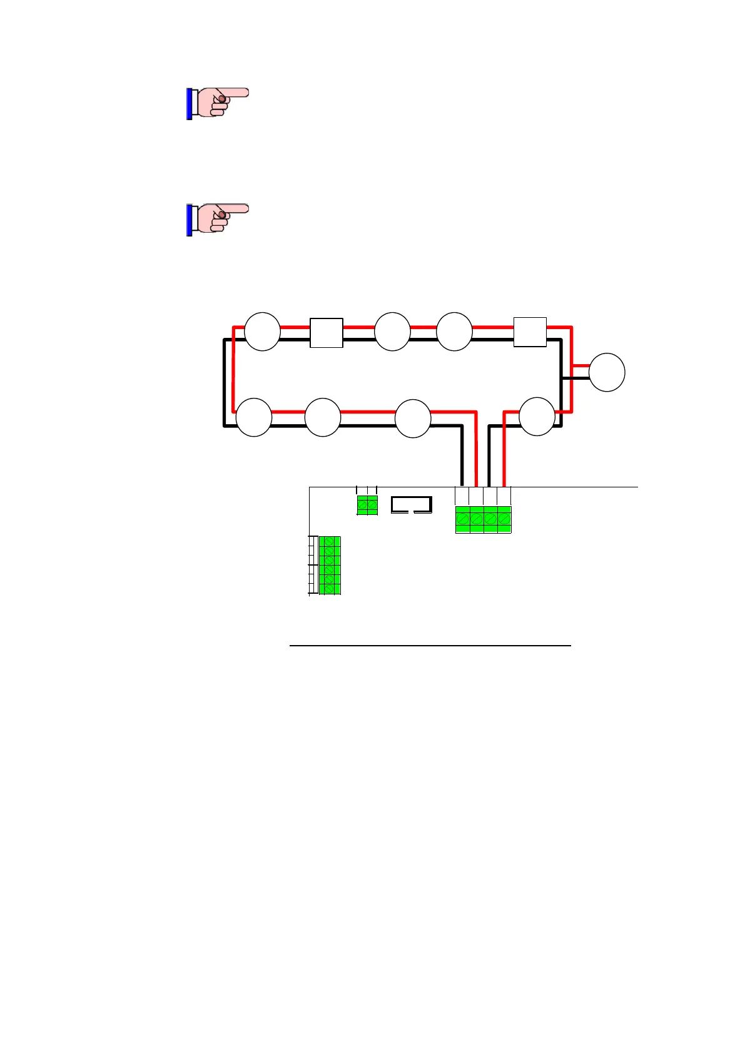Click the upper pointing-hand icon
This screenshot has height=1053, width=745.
coord(217,103)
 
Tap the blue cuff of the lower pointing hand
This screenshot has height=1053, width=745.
coord(189,220)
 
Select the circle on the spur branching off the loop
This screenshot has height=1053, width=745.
coord(607,372)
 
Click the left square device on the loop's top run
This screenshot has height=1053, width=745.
coord(327,333)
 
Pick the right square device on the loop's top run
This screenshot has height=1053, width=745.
coord(530,332)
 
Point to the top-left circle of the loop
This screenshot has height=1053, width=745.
coord(262,332)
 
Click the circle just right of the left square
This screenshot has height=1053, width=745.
coord(392,332)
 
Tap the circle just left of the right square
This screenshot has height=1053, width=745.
coord(454,332)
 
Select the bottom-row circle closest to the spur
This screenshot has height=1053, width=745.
coord(537,416)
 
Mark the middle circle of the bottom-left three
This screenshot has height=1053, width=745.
coord(323,417)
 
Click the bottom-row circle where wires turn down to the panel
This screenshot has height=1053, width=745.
coord(413,418)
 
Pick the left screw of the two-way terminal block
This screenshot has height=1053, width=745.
coord(362,504)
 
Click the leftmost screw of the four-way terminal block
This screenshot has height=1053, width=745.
coord(463,519)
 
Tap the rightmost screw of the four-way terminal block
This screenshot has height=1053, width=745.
coord(504,519)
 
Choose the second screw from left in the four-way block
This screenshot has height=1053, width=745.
coord(477,519)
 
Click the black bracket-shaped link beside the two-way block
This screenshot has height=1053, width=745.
coord(411,504)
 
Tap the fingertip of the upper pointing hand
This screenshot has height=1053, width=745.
coord(245,93)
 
